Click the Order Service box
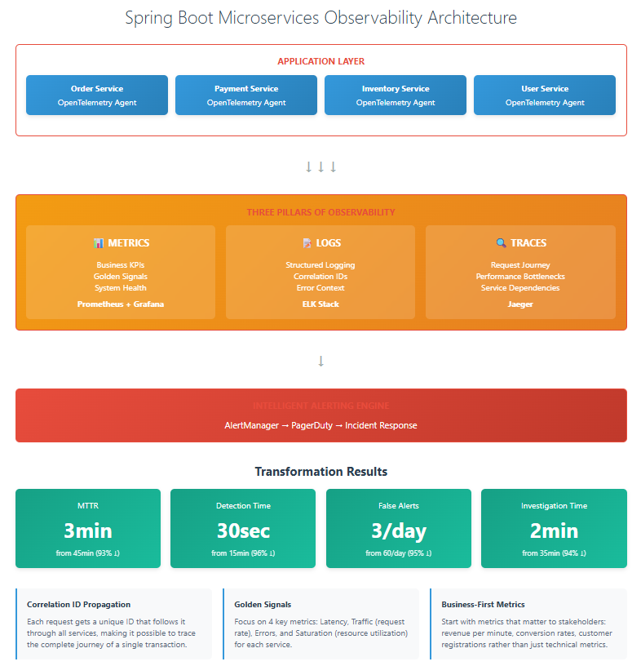point(97,95)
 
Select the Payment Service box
point(245,95)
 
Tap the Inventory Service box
point(396,95)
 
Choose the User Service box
point(545,95)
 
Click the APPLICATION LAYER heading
point(320,61)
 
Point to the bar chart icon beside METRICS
point(99,243)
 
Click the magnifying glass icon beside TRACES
point(501,243)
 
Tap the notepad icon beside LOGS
point(307,243)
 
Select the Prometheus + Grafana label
point(120,304)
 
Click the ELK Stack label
point(320,304)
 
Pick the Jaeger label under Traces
point(520,304)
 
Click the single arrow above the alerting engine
point(320,361)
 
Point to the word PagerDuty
point(314,425)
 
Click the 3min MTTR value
point(88,531)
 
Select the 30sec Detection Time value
point(243,531)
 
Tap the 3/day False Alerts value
point(398,531)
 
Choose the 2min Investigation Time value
point(554,531)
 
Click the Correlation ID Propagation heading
point(78,605)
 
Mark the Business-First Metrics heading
point(483,605)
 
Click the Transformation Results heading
point(320,472)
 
